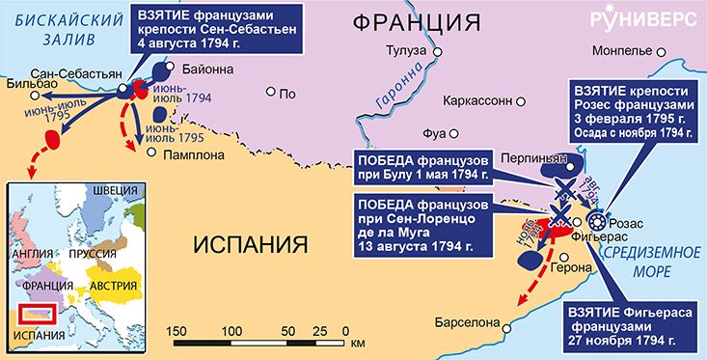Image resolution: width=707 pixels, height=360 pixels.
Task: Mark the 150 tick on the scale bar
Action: [177, 331]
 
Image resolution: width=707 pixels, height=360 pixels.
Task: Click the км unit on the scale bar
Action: [358, 343]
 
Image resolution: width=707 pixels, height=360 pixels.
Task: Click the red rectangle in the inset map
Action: [40, 313]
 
